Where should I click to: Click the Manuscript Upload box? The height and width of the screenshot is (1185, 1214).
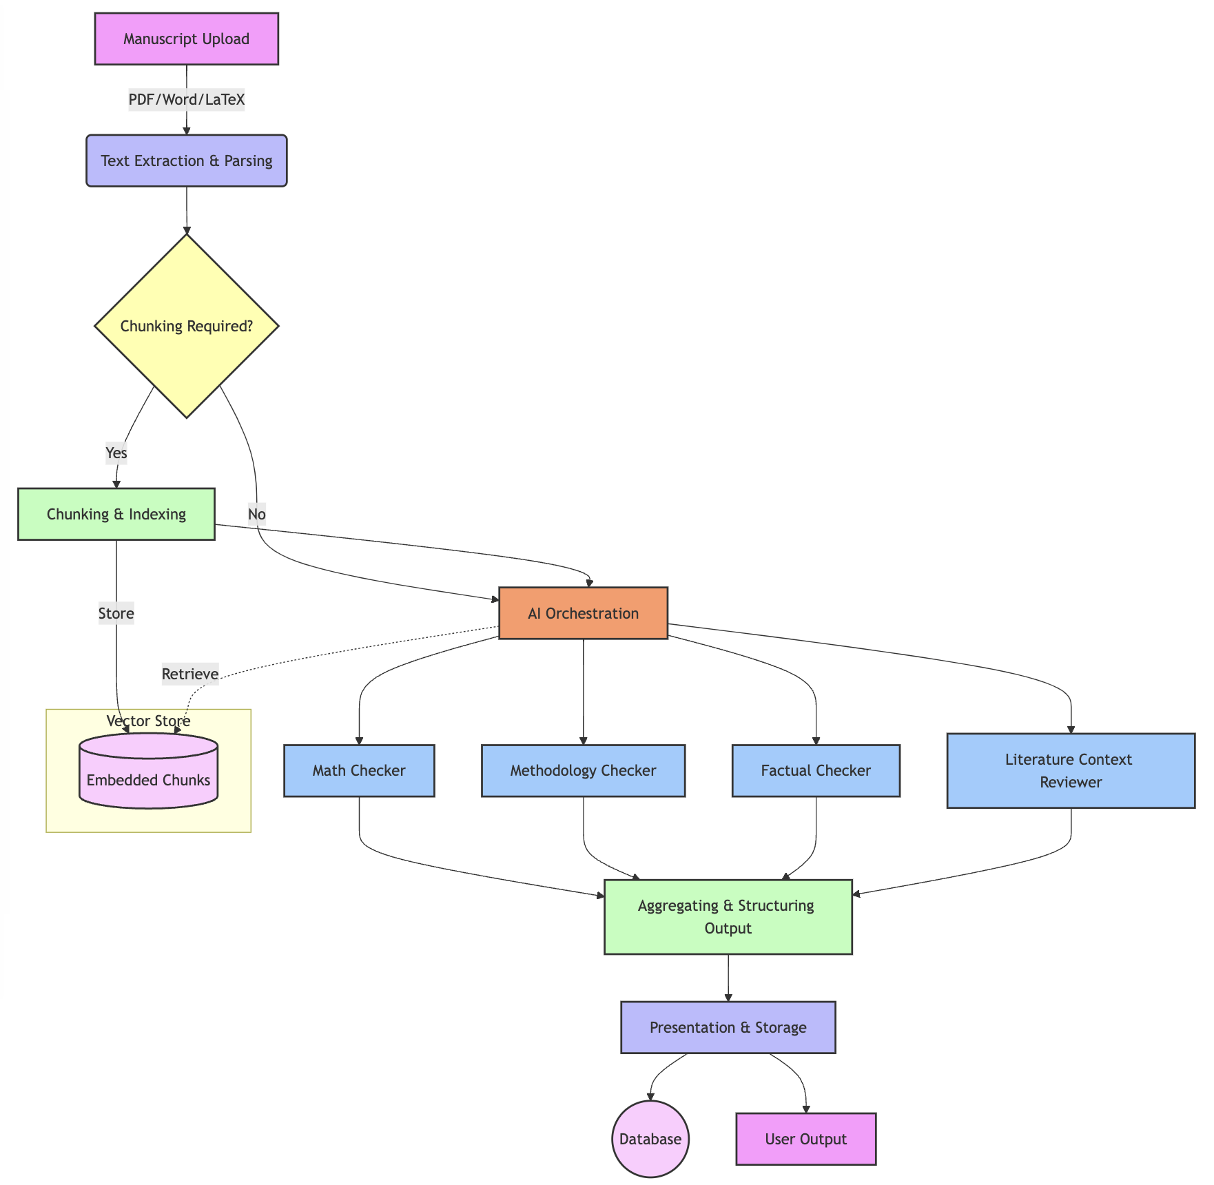(186, 39)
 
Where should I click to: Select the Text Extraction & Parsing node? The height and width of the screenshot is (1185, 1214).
(186, 161)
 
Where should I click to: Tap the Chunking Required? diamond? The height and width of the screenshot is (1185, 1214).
(186, 326)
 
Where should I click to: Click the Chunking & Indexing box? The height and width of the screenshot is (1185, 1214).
(116, 514)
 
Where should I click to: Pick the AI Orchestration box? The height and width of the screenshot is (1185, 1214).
(583, 613)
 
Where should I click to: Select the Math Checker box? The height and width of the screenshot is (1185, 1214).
(359, 770)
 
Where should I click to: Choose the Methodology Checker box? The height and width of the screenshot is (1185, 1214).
(583, 770)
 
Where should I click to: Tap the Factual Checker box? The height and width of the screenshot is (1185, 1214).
(816, 770)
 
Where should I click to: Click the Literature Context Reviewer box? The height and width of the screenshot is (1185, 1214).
(1071, 770)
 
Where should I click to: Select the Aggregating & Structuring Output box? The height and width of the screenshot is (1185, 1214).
(728, 916)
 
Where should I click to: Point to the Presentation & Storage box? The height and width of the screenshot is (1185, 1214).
(728, 1027)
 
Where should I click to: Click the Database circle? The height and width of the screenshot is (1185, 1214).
(650, 1139)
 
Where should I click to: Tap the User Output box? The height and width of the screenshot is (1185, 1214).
(805, 1139)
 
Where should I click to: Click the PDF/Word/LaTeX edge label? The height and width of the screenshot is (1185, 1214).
(186, 100)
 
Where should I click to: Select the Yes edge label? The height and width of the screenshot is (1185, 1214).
(116, 453)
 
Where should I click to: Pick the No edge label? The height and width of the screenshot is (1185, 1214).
(256, 514)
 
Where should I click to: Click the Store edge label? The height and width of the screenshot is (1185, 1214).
(116, 613)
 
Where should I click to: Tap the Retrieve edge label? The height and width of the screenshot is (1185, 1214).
(189, 674)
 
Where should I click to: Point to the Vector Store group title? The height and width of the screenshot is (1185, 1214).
(148, 721)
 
